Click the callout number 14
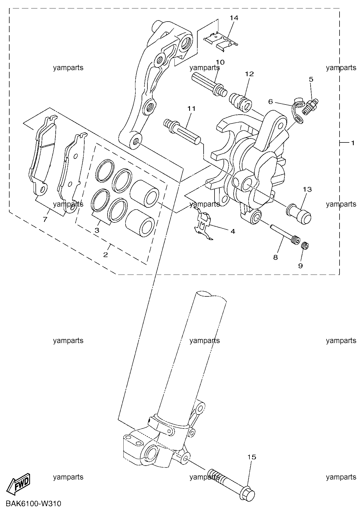pos(234,18)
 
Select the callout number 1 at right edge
pos(353,143)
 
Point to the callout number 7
pos(45,219)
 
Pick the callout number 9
pos(301,266)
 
